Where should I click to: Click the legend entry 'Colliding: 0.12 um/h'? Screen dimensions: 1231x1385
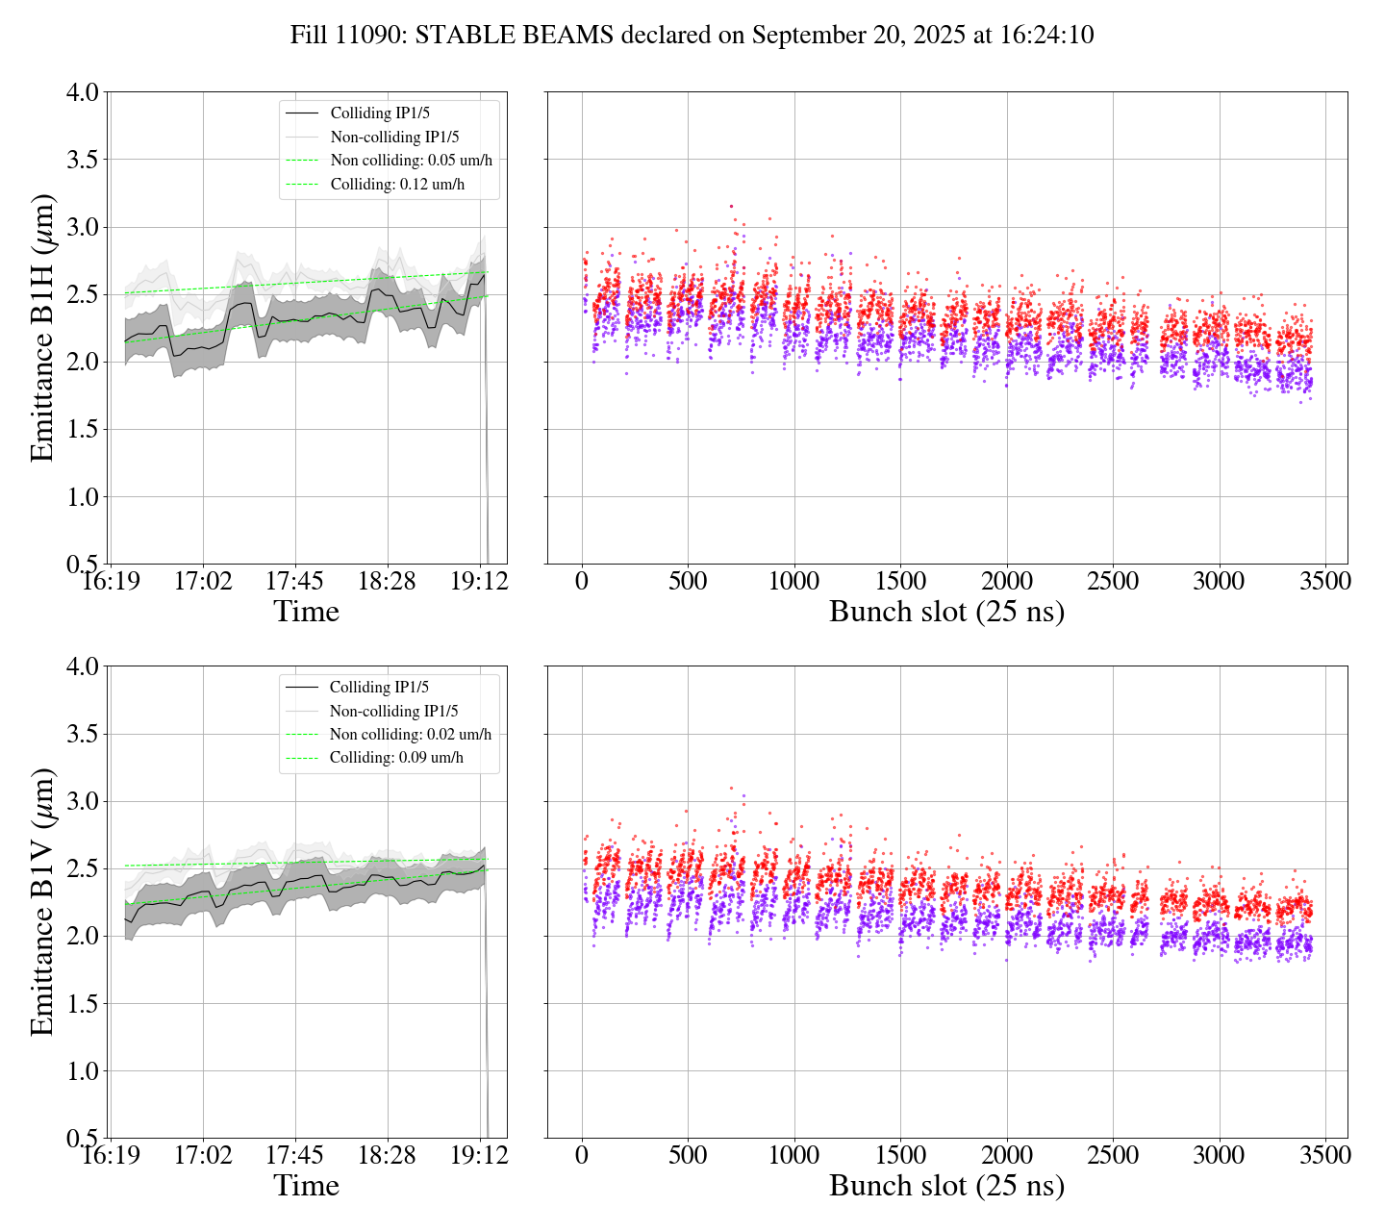397,185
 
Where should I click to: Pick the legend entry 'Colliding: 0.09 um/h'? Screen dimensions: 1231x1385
396,758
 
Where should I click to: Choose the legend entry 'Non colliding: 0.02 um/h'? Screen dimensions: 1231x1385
410,735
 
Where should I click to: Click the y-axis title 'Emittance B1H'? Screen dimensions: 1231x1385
42,328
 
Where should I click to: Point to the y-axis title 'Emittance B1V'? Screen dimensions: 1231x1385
42,901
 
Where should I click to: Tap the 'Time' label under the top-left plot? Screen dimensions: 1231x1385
306,612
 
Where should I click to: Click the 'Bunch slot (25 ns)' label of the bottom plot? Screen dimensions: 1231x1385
946,1186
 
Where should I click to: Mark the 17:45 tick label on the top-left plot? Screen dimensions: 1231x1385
294,582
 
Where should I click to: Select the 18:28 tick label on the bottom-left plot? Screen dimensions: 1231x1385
387,1155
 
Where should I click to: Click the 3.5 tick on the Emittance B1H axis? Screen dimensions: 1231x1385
82,160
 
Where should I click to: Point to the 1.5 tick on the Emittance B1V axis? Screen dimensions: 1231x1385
82,1004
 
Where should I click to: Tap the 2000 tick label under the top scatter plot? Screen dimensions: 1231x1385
1006,582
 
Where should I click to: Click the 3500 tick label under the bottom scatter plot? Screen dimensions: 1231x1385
1325,1155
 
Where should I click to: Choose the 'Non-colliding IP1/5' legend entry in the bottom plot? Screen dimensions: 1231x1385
393,712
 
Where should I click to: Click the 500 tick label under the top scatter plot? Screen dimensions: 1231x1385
688,582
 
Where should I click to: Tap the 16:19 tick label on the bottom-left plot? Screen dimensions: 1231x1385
110,1155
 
